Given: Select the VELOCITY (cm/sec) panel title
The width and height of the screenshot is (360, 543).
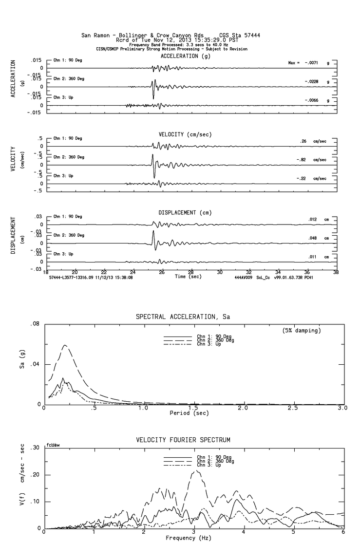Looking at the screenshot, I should (179, 134).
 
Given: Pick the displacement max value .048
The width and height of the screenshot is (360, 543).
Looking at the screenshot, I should (312, 238).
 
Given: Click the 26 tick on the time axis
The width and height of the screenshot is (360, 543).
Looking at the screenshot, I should (162, 272).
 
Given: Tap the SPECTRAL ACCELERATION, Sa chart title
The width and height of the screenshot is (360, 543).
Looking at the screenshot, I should (183, 317).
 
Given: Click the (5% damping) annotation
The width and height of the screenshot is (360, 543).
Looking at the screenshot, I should (302, 331).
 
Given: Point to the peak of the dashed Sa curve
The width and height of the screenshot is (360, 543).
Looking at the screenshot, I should (64, 345).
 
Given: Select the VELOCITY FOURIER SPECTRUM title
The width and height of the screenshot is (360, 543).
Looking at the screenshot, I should (183, 440).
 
